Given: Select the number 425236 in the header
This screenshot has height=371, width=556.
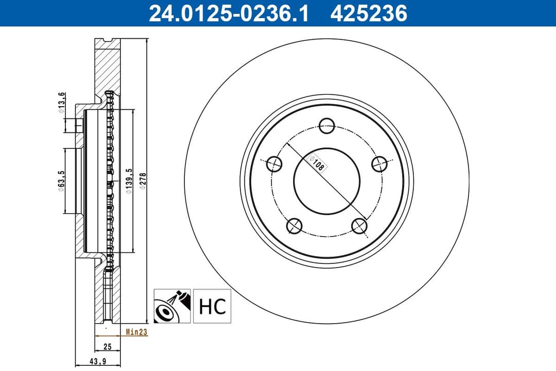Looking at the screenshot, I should point(369,13).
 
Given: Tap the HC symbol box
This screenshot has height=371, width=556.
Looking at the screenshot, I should point(212,306).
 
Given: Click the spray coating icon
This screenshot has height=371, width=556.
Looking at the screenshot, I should point(172,306).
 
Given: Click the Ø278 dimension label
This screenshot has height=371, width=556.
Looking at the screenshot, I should point(143,181).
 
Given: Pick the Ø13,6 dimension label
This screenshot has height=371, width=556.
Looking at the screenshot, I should point(61,102).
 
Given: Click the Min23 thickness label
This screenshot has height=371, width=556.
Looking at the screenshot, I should point(136,332).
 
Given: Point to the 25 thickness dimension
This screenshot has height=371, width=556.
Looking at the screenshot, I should point(107,347).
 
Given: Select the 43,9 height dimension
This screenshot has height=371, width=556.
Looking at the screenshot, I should point(97,361).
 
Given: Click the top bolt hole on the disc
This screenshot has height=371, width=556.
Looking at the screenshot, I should point(327,125).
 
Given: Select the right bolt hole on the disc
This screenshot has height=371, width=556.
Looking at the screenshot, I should point(379,164).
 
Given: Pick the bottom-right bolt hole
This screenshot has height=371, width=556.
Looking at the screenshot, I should point(359,225).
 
